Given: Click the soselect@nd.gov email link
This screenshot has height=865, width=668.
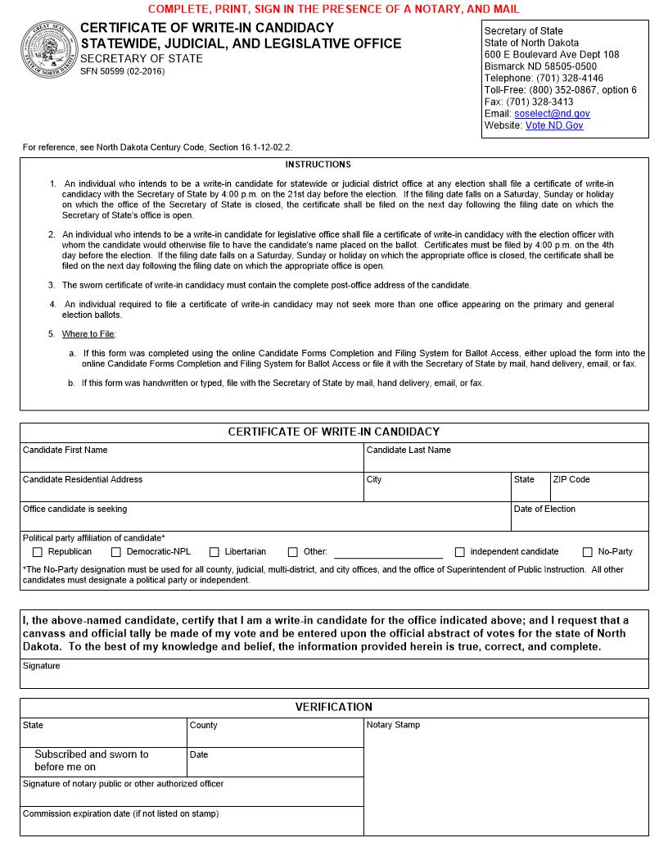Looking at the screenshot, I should [552, 114].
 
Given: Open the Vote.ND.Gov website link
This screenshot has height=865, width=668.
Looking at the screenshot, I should [554, 126].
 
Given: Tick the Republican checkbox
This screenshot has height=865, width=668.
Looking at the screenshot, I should [37, 552].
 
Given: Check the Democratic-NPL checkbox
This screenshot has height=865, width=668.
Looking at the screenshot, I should [116, 552].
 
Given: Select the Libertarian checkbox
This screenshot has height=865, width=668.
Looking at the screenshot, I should [214, 552].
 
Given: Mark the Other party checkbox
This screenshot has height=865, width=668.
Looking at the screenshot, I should [293, 552].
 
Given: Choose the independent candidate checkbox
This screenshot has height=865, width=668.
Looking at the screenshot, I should [460, 552].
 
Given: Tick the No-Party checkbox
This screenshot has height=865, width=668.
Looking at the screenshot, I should [588, 552].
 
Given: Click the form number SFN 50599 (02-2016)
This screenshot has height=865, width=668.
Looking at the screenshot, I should [122, 71].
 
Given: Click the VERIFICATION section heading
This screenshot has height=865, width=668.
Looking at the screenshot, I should [333, 707].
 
